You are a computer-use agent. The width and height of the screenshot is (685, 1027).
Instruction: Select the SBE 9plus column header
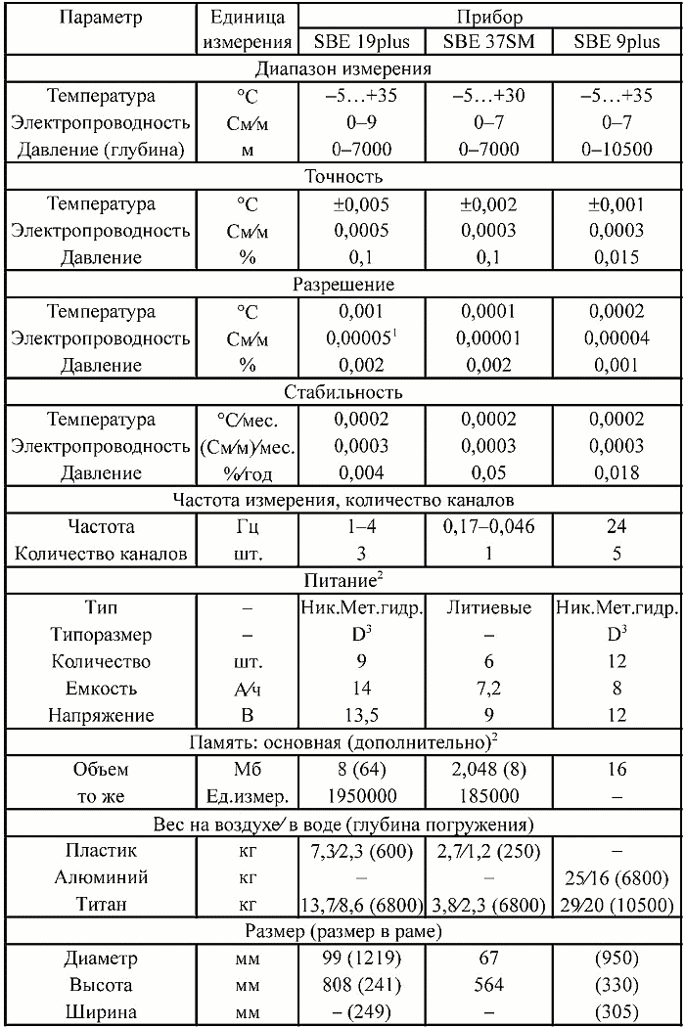click(616, 43)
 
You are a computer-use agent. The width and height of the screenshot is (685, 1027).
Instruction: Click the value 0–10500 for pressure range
click(616, 151)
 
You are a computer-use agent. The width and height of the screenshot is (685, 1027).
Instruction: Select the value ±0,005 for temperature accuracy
click(362, 204)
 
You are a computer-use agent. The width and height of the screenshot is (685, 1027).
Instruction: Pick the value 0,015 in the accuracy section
click(616, 258)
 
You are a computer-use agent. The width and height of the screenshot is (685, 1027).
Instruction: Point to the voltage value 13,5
click(362, 715)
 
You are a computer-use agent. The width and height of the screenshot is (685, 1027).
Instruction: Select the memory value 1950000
click(362, 796)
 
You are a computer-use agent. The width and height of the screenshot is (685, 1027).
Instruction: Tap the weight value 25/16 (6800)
click(616, 877)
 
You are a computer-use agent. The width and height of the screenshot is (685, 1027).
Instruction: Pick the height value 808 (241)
click(362, 985)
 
